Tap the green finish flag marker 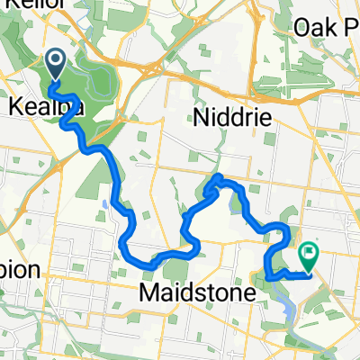(310, 258)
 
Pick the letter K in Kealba (13, 106)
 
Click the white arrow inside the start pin (55, 62)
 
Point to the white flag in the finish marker (310, 255)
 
